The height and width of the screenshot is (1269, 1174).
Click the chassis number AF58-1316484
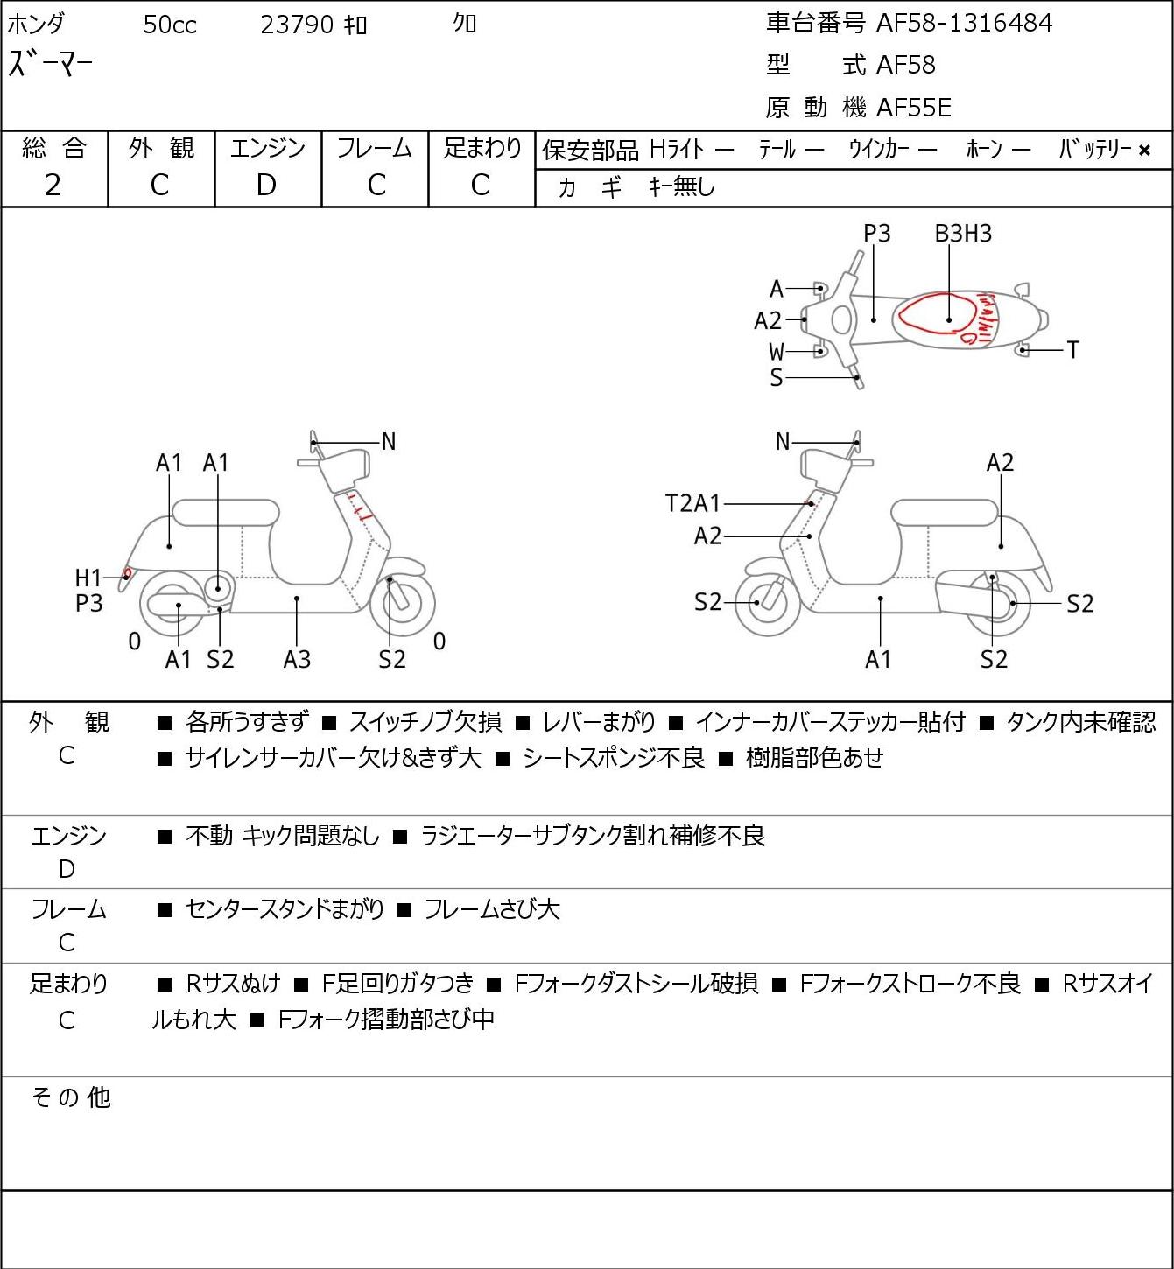[x=964, y=24]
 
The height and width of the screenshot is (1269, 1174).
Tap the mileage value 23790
[x=297, y=25]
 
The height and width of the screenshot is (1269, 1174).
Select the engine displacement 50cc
[x=170, y=25]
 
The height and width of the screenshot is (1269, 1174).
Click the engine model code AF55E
[x=914, y=108]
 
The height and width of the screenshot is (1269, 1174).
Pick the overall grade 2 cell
[x=53, y=186]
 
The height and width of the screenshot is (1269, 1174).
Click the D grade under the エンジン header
[x=267, y=186]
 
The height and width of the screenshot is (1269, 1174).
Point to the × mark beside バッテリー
[x=1144, y=151]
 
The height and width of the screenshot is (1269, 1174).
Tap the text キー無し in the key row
[x=681, y=187]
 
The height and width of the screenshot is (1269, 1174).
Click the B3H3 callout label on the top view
[x=963, y=233]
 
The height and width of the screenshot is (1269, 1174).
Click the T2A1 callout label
[x=692, y=503]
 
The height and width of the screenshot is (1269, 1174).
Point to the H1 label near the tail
[x=88, y=578]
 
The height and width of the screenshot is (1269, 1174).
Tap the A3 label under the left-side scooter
[x=298, y=659]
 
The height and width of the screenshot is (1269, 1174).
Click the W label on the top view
[x=777, y=352]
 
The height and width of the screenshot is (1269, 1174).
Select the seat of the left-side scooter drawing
[x=226, y=513]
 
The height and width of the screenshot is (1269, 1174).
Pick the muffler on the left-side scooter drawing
[x=179, y=605]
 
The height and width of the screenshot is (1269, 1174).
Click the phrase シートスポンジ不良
[x=613, y=758]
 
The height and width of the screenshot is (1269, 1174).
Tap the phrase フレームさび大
[x=492, y=909]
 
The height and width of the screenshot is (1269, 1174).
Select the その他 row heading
[x=71, y=1098]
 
